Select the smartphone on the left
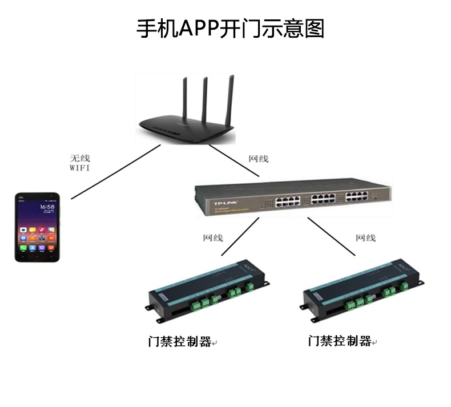(37, 227)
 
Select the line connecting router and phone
(114, 173)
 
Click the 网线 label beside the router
(258, 159)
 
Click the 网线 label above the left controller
(213, 237)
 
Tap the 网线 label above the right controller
(365, 237)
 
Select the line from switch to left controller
(240, 236)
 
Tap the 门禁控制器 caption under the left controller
(180, 341)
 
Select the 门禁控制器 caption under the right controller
(340, 341)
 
